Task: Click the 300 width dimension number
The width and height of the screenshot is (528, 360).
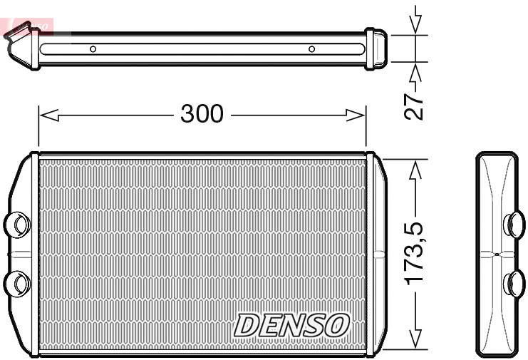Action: point(202,113)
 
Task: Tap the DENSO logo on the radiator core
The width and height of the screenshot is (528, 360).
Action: point(292,325)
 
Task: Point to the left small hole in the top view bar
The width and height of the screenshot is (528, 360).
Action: point(93,49)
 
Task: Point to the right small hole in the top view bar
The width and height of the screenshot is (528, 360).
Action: point(311,49)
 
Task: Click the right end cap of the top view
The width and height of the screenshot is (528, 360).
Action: point(376,49)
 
